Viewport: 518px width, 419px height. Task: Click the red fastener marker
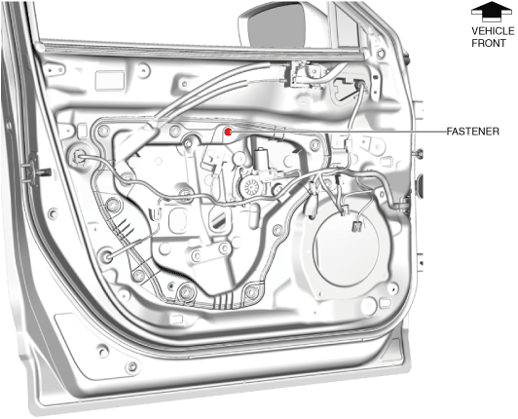(x=228, y=132)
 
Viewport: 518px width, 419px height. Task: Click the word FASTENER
(x=473, y=132)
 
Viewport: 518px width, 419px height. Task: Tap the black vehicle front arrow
(x=492, y=12)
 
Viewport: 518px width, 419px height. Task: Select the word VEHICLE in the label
(x=493, y=31)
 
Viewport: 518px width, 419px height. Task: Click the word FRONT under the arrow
(x=489, y=43)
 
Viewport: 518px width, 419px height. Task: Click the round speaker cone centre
(x=347, y=248)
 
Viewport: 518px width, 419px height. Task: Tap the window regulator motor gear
(x=250, y=187)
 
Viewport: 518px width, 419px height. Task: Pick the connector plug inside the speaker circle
(x=356, y=226)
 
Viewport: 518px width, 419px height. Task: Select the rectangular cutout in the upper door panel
(x=110, y=80)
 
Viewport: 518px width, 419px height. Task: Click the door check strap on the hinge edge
(x=35, y=170)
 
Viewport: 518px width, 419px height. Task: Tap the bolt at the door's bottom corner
(x=132, y=366)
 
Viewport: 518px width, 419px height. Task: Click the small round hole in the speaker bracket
(x=392, y=287)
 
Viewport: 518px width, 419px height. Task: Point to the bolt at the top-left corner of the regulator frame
(x=103, y=131)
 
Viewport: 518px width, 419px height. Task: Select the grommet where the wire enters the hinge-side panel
(x=77, y=155)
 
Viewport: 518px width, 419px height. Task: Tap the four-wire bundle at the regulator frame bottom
(x=223, y=301)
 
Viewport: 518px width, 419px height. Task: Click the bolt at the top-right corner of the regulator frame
(x=314, y=144)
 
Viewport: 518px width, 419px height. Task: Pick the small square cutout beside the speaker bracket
(x=385, y=303)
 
